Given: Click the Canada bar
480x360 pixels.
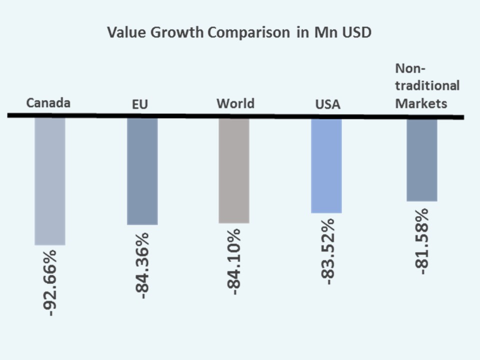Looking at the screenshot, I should (x=49, y=181).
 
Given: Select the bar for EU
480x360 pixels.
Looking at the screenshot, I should (x=142, y=171).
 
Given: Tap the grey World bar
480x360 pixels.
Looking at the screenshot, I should (x=234, y=170).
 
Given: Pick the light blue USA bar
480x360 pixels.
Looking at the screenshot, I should (x=326, y=165).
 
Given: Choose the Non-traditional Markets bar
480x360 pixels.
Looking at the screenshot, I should (x=421, y=159).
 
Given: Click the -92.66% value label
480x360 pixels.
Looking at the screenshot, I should (x=50, y=282).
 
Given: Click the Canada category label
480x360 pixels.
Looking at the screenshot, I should (x=48, y=103).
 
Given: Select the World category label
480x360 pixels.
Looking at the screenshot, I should (x=235, y=103).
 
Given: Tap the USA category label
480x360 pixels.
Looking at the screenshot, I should (x=327, y=104).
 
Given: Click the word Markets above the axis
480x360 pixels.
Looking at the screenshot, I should (x=421, y=103).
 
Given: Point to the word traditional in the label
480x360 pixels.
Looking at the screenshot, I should (x=427, y=85).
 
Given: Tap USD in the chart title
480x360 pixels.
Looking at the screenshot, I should (x=358, y=33).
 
